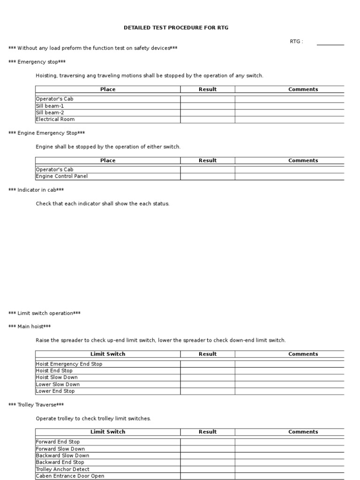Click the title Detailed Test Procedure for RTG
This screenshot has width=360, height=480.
click(x=176, y=28)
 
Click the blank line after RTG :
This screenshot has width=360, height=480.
click(x=330, y=43)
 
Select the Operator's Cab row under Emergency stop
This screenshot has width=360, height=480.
click(x=55, y=99)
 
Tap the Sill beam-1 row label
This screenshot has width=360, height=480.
click(x=50, y=106)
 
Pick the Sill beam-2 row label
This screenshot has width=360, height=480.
click(x=50, y=112)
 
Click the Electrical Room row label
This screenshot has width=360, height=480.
click(x=55, y=120)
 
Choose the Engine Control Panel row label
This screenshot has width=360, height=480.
click(x=62, y=177)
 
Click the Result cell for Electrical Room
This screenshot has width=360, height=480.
click(x=207, y=120)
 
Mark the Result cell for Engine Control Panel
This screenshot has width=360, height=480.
click(x=207, y=177)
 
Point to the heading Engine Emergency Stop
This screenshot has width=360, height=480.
click(x=47, y=133)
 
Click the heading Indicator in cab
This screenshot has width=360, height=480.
click(x=36, y=190)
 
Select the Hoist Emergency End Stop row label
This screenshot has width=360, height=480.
click(x=69, y=364)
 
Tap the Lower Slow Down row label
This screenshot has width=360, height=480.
click(x=58, y=384)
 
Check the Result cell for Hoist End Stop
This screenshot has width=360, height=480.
click(x=207, y=371)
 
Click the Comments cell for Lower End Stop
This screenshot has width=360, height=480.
click(x=289, y=391)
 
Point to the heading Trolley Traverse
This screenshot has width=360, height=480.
click(x=36, y=405)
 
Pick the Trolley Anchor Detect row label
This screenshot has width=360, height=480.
click(x=63, y=469)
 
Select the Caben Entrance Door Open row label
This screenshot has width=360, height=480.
click(x=70, y=476)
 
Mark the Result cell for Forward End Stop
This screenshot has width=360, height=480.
click(x=207, y=442)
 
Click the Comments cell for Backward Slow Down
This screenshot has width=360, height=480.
click(x=289, y=456)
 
